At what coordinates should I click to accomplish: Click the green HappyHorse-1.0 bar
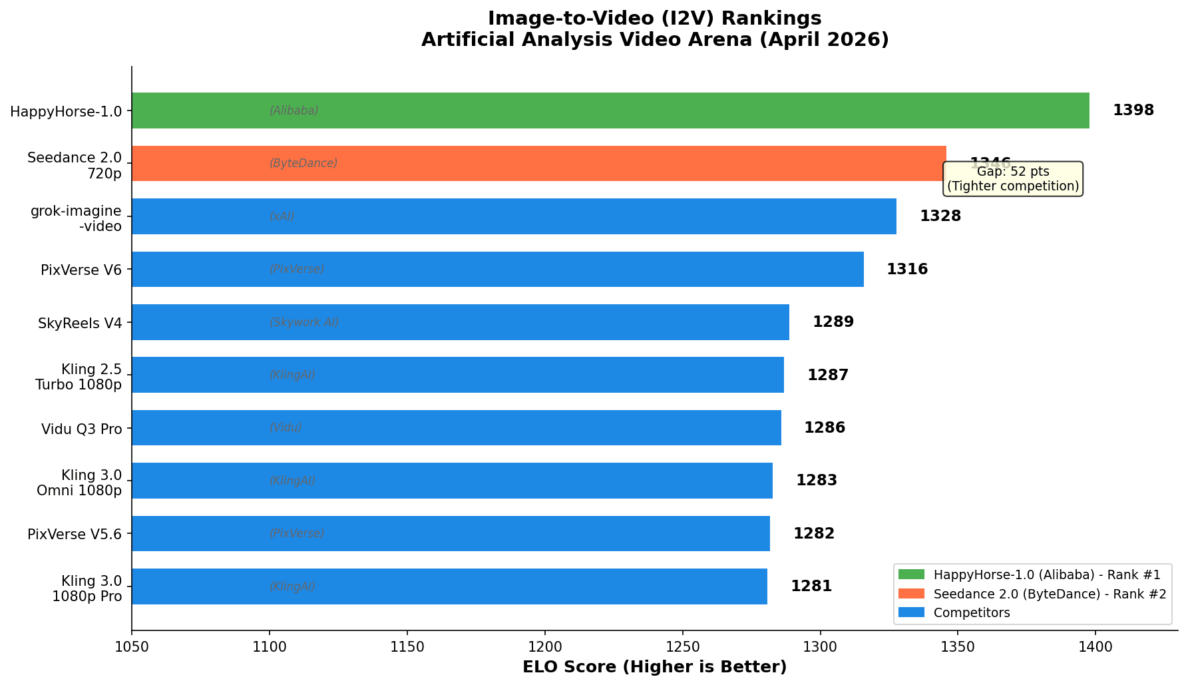[x=610, y=111]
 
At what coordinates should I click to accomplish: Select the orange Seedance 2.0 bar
[x=538, y=164]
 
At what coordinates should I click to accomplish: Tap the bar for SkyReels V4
[x=461, y=322]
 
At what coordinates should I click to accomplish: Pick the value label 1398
[x=1133, y=111]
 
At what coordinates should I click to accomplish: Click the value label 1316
[x=906, y=270]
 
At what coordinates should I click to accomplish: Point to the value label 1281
[x=811, y=586]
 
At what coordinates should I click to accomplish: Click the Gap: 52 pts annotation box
[x=1012, y=179]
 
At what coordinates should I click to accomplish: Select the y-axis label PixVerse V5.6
[x=75, y=535]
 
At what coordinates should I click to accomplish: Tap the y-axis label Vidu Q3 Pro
[x=81, y=429]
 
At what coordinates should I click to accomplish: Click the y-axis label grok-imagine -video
[x=76, y=218]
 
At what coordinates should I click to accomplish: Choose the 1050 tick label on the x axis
[x=132, y=646]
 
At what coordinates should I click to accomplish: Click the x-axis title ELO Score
[x=654, y=667]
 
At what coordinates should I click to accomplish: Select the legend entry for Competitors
[x=971, y=612]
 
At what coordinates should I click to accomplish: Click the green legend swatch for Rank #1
[x=911, y=574]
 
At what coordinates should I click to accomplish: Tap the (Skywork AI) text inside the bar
[x=304, y=322]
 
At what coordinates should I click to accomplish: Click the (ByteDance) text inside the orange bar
[x=303, y=164]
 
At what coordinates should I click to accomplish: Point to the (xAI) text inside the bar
[x=282, y=217]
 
